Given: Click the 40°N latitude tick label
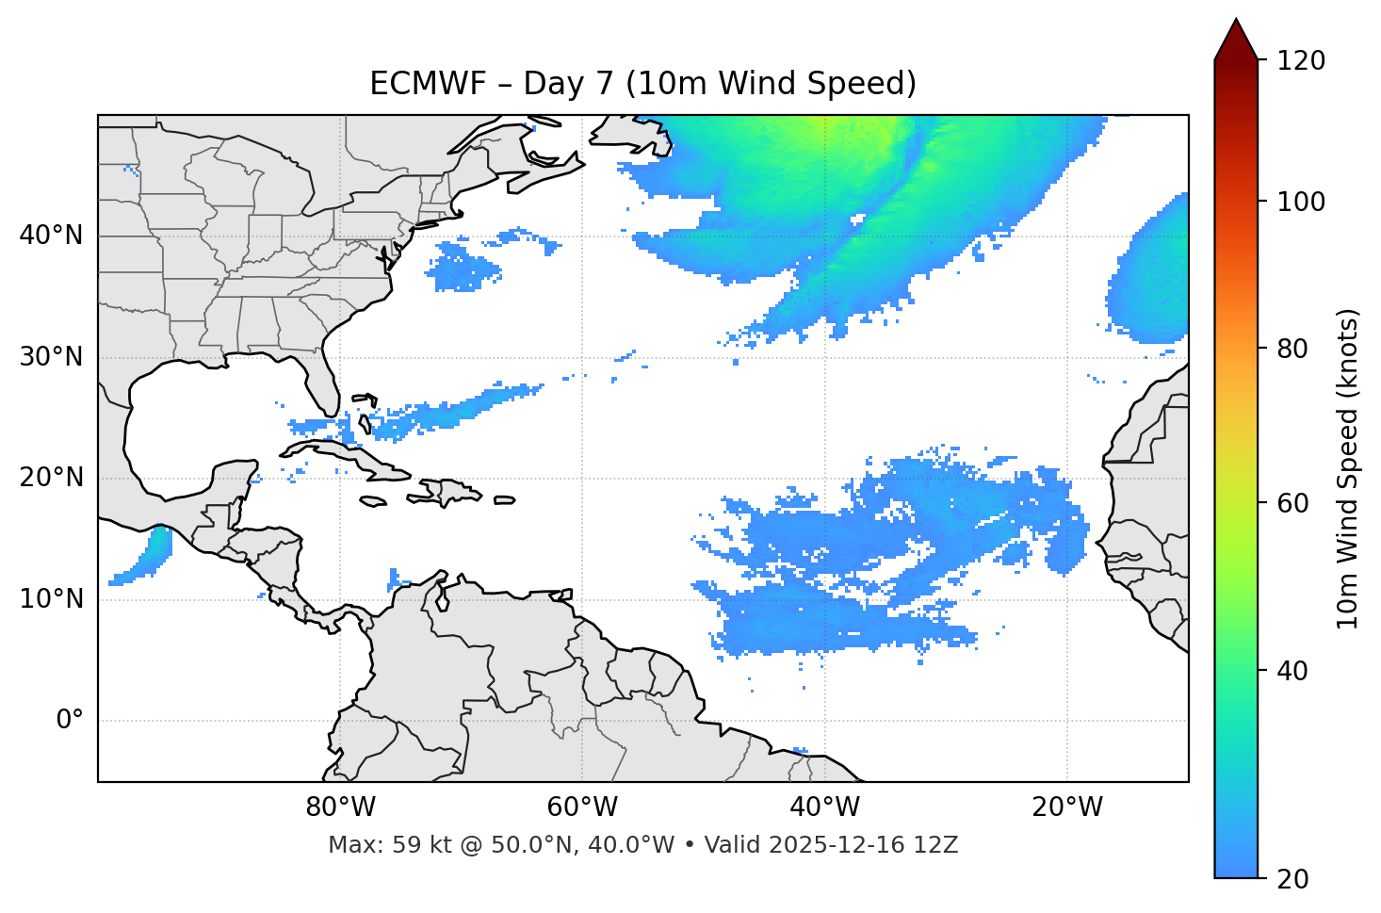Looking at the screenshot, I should pos(51,236).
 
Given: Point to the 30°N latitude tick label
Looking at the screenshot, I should pos(51,357).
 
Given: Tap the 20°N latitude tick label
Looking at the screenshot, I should pos(51,478).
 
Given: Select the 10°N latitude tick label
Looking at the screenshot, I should pos(51,599).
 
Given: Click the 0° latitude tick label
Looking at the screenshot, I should pos(70,721).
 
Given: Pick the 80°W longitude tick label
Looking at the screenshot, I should pos(340,807).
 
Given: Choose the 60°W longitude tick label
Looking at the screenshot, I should pos(582,807).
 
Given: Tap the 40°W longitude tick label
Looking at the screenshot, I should pos(824,807).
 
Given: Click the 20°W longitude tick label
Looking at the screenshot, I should pos(1066,807).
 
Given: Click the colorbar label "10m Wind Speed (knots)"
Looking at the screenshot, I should pos(1348,468).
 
